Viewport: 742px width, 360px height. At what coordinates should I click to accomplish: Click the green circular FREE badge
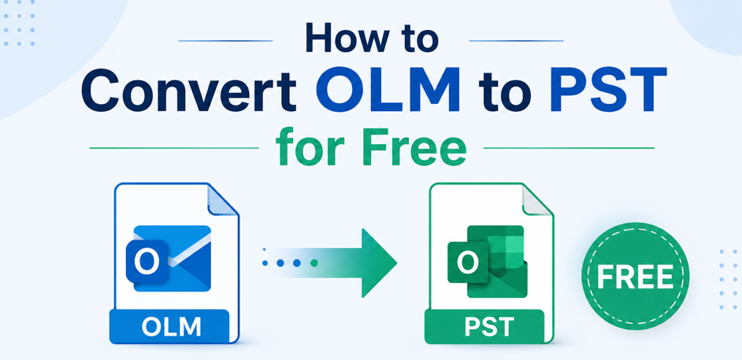pos(635,276)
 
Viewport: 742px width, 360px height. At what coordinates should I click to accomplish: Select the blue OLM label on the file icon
pos(169,326)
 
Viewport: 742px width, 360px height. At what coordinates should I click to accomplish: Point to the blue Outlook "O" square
pos(147,262)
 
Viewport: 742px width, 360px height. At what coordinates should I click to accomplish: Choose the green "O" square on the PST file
pos(468,262)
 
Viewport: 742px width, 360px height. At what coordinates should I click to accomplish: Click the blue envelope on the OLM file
pos(173,258)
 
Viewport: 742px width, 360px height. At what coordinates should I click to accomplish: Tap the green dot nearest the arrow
pos(313,263)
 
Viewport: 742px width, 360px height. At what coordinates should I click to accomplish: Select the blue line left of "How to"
pos(225,41)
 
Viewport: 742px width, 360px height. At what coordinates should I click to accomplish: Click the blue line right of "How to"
pos(516,41)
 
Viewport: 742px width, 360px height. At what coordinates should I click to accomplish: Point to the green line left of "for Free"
pos(174,148)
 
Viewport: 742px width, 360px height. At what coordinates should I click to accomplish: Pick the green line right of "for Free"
pos(569,148)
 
